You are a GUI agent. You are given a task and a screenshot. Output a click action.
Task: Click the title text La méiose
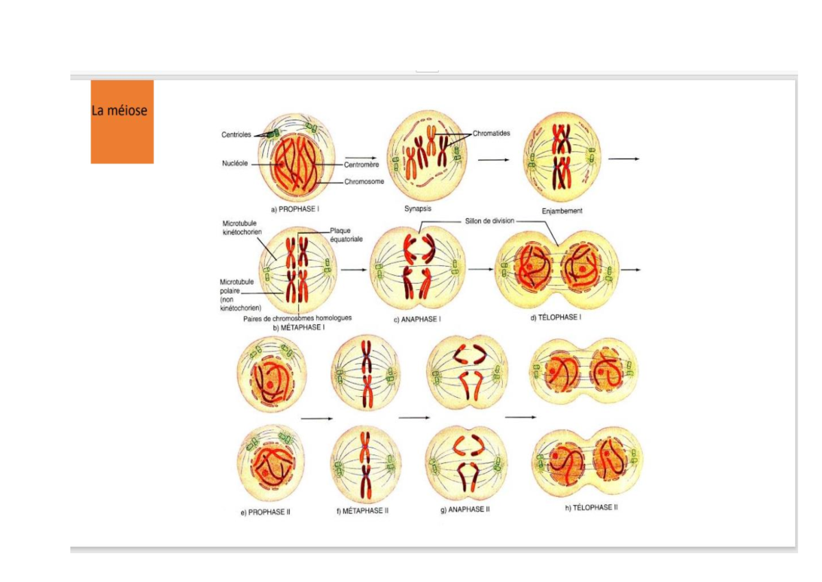119,110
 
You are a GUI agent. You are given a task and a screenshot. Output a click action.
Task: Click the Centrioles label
236,135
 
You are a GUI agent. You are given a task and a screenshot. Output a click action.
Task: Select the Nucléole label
235,163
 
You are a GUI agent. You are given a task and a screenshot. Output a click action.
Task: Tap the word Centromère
362,165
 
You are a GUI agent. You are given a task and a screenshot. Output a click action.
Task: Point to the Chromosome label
364,182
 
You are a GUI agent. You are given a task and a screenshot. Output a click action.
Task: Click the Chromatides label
491,133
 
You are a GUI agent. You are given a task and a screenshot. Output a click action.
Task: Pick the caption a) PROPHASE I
295,209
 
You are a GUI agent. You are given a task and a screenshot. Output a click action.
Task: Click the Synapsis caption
418,208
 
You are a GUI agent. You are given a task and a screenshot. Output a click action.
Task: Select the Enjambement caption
562,211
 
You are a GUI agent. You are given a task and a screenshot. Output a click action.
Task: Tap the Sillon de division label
490,221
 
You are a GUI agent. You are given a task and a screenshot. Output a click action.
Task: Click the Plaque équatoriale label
346,235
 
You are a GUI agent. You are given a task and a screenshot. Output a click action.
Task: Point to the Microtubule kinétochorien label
242,228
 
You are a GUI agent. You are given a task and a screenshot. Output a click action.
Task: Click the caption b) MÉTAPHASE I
299,328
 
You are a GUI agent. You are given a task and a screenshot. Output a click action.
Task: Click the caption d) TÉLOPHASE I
556,317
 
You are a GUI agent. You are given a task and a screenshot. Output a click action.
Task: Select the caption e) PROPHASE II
265,512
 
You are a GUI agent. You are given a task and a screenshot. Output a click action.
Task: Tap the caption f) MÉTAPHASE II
362,511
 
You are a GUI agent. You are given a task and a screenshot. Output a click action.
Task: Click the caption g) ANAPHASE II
465,509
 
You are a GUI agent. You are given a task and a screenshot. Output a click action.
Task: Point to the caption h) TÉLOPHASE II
591,508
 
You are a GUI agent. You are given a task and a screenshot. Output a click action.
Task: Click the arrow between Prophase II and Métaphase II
316,419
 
